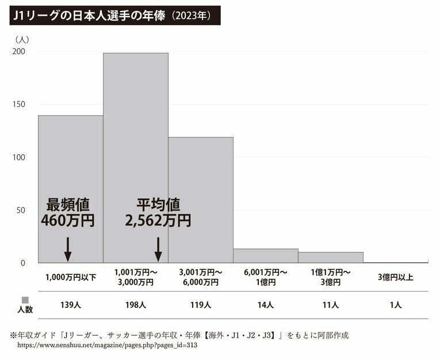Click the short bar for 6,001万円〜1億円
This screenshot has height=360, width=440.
click(265, 256)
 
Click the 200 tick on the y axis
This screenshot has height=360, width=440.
click(19, 52)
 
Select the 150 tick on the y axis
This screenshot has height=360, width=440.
click(19, 105)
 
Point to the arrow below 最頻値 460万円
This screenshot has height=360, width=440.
click(67, 248)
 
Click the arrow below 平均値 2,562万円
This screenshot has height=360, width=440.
click(158, 248)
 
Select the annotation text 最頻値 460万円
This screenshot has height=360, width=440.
click(67, 212)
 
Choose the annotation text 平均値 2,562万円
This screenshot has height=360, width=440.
click(158, 212)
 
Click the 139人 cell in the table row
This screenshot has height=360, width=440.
click(70, 305)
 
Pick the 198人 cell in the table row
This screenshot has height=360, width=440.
click(135, 305)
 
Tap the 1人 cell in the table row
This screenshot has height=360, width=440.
click(395, 305)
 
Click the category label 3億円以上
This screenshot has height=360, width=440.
click(395, 277)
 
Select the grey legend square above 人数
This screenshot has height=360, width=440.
click(25, 300)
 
